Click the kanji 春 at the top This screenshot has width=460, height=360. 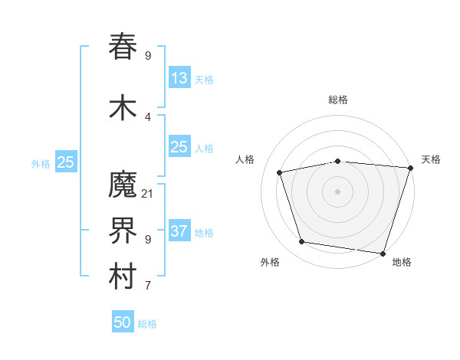point(123,47)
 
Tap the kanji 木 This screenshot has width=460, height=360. point(123,107)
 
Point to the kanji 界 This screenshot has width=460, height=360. point(123,231)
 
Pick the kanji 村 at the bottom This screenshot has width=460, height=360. point(123,277)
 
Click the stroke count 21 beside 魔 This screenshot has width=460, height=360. point(148,194)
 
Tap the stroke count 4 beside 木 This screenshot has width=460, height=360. point(148,117)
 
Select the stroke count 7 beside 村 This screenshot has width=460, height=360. point(148,286)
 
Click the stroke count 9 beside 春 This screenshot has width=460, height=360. point(148,56)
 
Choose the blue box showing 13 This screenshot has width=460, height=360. point(179,77)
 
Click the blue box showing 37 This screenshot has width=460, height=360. point(179,231)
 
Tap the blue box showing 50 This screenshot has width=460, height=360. point(123,322)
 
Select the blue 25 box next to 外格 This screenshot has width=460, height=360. point(65,162)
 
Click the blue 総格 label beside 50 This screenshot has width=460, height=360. point(147,324)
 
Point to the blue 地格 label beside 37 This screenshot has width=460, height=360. point(204,232)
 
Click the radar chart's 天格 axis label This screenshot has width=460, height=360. point(431,159)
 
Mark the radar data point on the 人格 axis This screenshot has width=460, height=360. point(280,172)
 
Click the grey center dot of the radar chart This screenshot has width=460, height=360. point(337,191)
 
